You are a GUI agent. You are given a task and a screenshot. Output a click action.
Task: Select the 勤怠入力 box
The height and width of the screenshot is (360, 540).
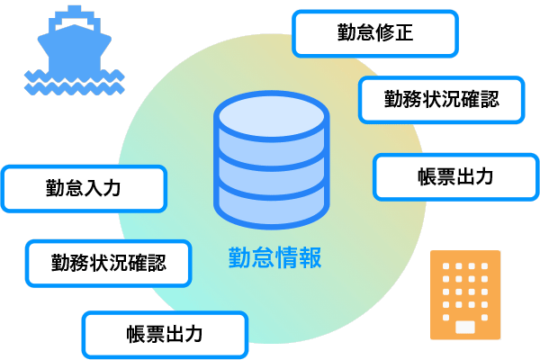click(84, 189)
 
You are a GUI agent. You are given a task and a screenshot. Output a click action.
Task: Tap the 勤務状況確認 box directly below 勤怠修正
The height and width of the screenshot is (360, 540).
click(441, 99)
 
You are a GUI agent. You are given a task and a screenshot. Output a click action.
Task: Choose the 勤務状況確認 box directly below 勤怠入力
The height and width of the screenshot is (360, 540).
click(108, 264)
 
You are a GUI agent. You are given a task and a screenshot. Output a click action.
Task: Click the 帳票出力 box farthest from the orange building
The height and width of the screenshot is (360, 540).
click(165, 335)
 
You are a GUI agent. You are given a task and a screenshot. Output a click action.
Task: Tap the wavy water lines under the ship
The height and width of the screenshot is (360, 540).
click(74, 83)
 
